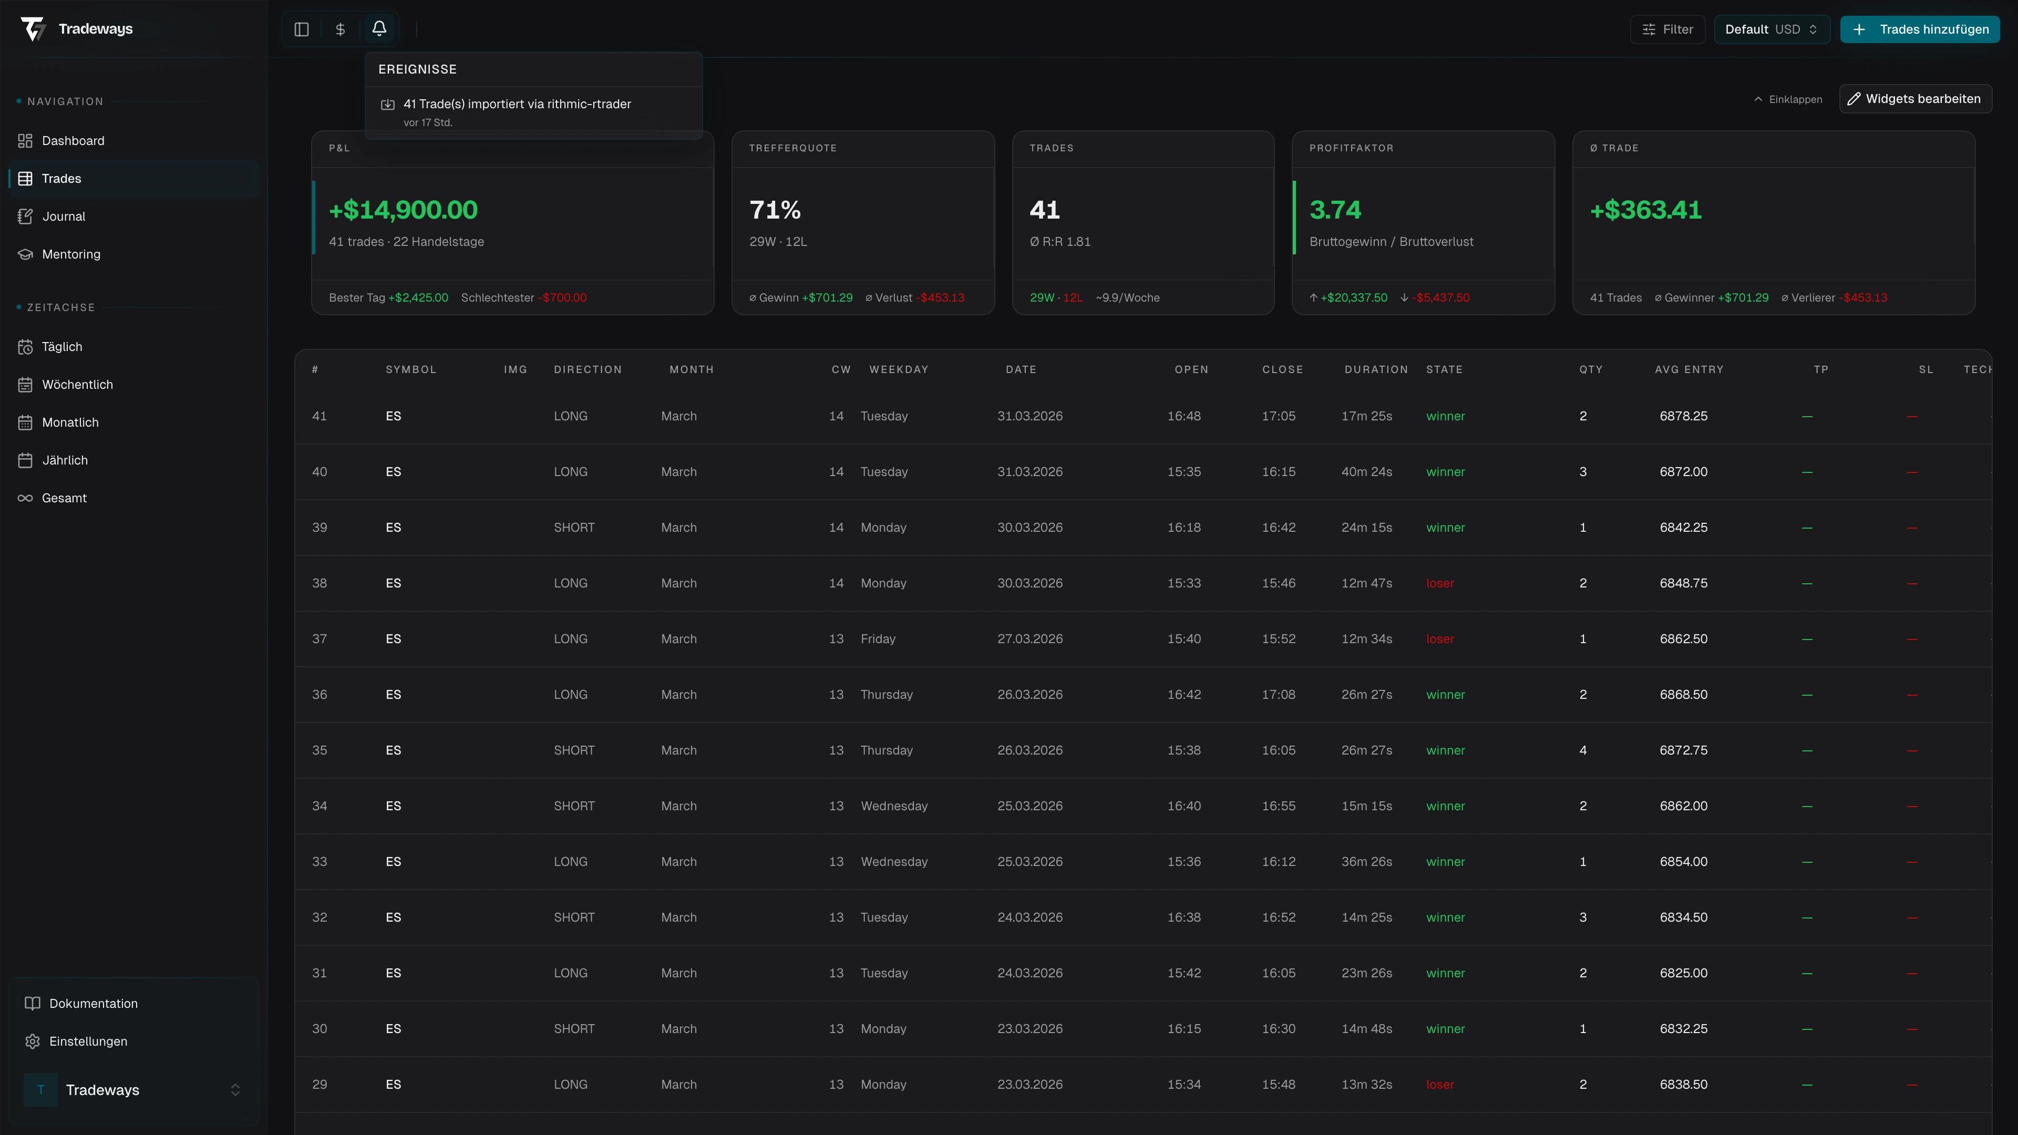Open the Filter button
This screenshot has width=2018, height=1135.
coord(1668,29)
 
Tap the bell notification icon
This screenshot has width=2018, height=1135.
coord(379,29)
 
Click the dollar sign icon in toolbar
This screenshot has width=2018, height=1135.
coord(340,29)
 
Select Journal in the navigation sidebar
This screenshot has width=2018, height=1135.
coord(64,216)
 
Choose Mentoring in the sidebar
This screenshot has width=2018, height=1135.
coord(70,254)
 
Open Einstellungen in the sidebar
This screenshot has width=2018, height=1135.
coord(88,1041)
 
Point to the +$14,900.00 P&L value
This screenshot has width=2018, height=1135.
coord(403,210)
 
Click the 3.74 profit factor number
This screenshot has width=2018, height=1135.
coord(1335,210)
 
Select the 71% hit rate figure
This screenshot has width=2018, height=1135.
coord(775,210)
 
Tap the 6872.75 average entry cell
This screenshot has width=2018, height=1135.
coord(1683,750)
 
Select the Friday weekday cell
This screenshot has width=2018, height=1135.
coord(878,639)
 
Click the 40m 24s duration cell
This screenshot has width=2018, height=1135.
coord(1366,471)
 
